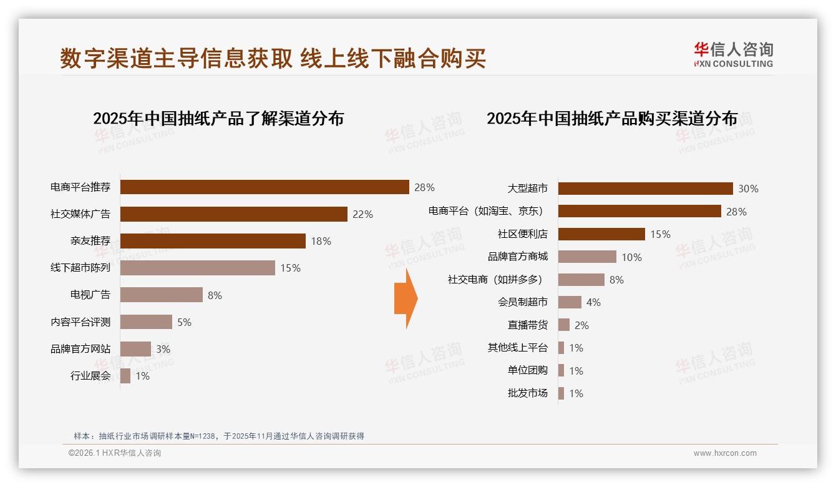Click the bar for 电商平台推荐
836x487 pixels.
point(264,187)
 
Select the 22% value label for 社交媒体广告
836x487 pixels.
point(362,214)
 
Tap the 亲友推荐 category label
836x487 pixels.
point(90,241)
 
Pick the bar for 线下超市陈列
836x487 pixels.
point(197,268)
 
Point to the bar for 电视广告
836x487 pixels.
point(161,295)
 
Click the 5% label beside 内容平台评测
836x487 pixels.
point(184,322)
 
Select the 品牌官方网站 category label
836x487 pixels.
point(80,349)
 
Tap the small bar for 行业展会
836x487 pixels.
point(125,376)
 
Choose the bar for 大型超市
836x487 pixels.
point(645,189)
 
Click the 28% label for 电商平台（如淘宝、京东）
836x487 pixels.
point(736,212)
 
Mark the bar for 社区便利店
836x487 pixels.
point(601,234)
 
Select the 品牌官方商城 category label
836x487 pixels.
point(517,257)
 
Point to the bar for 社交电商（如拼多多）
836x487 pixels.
point(581,280)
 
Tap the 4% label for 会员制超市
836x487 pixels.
point(593,302)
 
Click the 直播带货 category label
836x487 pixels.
point(527,325)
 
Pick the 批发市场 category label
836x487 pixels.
point(527,393)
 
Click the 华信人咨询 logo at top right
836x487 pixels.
point(733,54)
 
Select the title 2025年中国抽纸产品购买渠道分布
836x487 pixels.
point(612,119)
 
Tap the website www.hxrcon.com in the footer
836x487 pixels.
point(725,453)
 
